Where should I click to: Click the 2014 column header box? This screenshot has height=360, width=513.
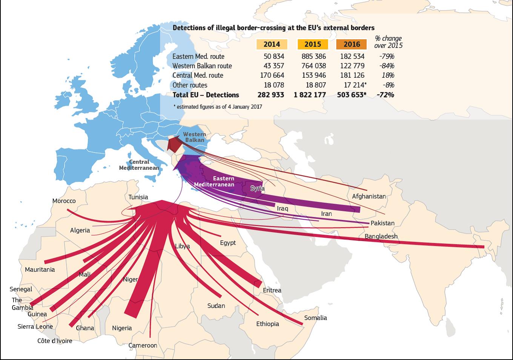click(x=272, y=44)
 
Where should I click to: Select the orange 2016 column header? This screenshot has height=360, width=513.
click(x=352, y=44)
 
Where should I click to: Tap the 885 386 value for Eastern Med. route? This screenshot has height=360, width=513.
click(x=313, y=57)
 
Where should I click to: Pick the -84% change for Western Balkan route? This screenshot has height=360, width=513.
click(x=387, y=66)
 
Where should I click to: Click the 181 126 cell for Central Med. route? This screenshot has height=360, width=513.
click(x=352, y=75)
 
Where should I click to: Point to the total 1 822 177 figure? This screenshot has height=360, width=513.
click(x=310, y=95)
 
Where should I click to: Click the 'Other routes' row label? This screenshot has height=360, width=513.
click(x=190, y=85)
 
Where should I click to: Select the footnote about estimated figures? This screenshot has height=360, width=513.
click(x=217, y=107)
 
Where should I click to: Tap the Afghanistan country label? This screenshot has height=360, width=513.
click(x=369, y=196)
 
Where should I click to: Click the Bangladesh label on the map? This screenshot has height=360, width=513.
click(x=381, y=237)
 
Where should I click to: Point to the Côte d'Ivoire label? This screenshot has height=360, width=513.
click(x=55, y=341)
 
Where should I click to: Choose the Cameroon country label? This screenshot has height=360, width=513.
click(x=143, y=345)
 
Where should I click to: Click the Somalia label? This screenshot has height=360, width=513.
click(x=315, y=318)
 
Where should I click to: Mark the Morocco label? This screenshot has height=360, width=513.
click(x=64, y=201)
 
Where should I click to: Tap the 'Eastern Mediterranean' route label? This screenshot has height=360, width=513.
click(x=214, y=182)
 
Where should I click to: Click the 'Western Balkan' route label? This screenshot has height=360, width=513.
click(x=194, y=137)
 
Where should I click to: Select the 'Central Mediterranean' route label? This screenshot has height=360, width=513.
click(x=139, y=165)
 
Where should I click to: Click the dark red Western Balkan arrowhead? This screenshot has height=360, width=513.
click(x=175, y=144)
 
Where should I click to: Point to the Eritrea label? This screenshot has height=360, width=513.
click(x=272, y=290)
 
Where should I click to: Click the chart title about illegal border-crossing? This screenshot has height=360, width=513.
click(x=273, y=28)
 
